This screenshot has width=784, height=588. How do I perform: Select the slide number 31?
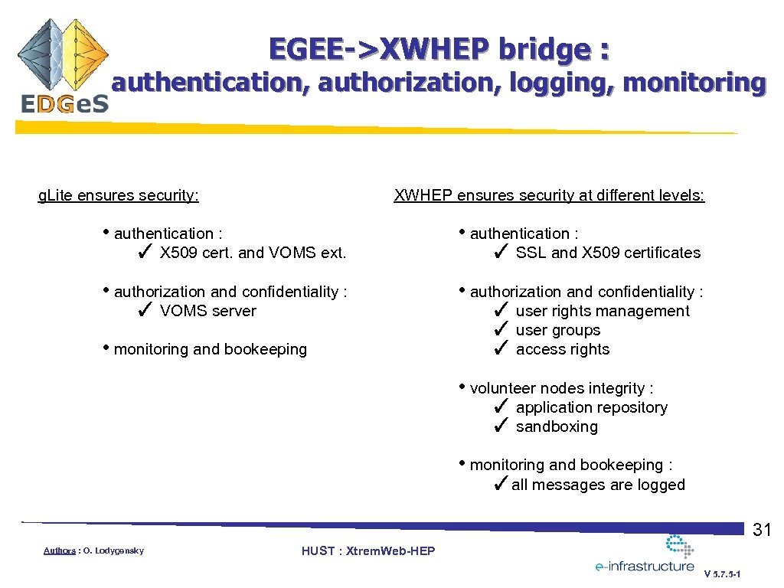(x=762, y=530)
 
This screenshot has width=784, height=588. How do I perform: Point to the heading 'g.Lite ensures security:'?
(x=119, y=195)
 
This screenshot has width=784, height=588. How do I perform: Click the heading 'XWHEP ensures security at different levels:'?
(x=549, y=195)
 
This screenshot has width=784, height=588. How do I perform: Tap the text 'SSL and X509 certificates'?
(x=608, y=253)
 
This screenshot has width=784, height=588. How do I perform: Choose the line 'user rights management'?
(x=603, y=311)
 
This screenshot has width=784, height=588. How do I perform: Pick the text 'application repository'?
(x=591, y=407)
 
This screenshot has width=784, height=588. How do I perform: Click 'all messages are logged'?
(x=598, y=485)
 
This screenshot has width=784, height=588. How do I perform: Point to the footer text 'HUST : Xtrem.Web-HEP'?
(x=368, y=551)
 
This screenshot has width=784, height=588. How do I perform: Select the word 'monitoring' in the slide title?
(x=694, y=83)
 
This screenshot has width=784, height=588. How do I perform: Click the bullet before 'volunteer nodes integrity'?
(x=462, y=387)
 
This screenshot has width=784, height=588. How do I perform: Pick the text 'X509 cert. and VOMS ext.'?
(x=253, y=253)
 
